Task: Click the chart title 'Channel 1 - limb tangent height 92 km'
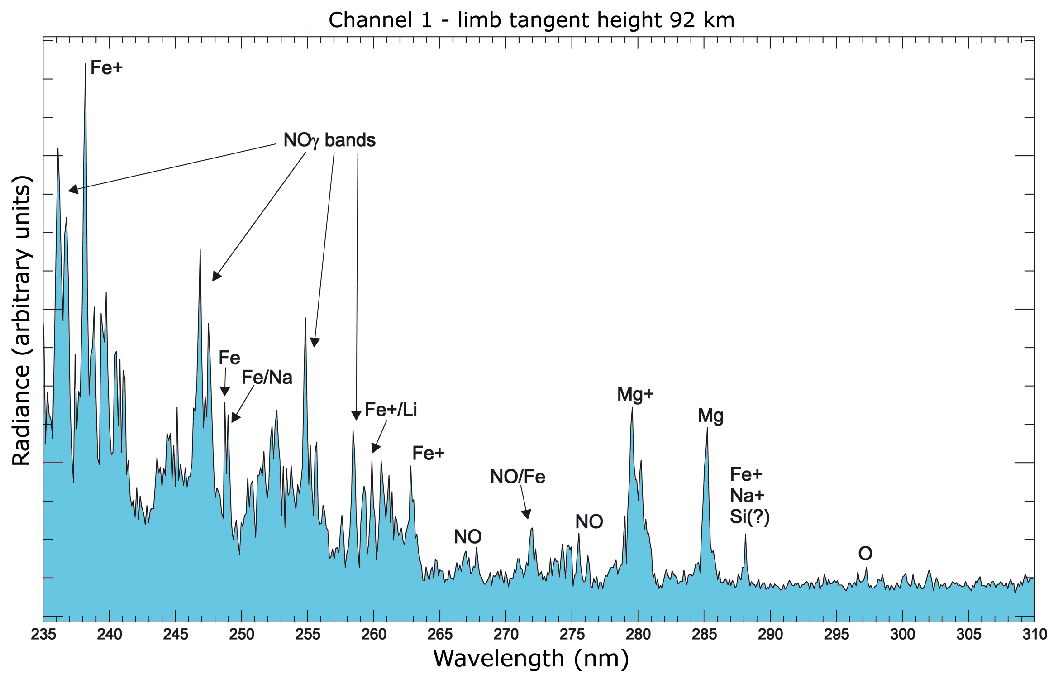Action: (531, 20)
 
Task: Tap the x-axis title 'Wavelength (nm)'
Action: (531, 659)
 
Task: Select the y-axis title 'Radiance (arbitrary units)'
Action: (22, 320)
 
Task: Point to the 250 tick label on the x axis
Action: (241, 635)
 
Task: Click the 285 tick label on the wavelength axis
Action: (704, 635)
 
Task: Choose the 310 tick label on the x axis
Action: (1034, 635)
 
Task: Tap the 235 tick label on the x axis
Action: (43, 635)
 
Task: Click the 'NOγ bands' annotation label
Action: (329, 140)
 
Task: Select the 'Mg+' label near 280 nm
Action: (635, 394)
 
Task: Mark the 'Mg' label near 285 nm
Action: (710, 416)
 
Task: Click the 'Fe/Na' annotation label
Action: (267, 378)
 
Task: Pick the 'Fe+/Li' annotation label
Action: (391, 410)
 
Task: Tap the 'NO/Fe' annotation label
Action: (518, 477)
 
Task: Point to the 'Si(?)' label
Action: (750, 517)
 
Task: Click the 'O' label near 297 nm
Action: (865, 554)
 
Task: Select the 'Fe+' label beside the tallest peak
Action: (106, 68)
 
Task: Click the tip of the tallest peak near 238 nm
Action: (86, 64)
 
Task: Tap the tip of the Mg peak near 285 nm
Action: (707, 428)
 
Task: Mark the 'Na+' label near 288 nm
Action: (747, 496)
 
